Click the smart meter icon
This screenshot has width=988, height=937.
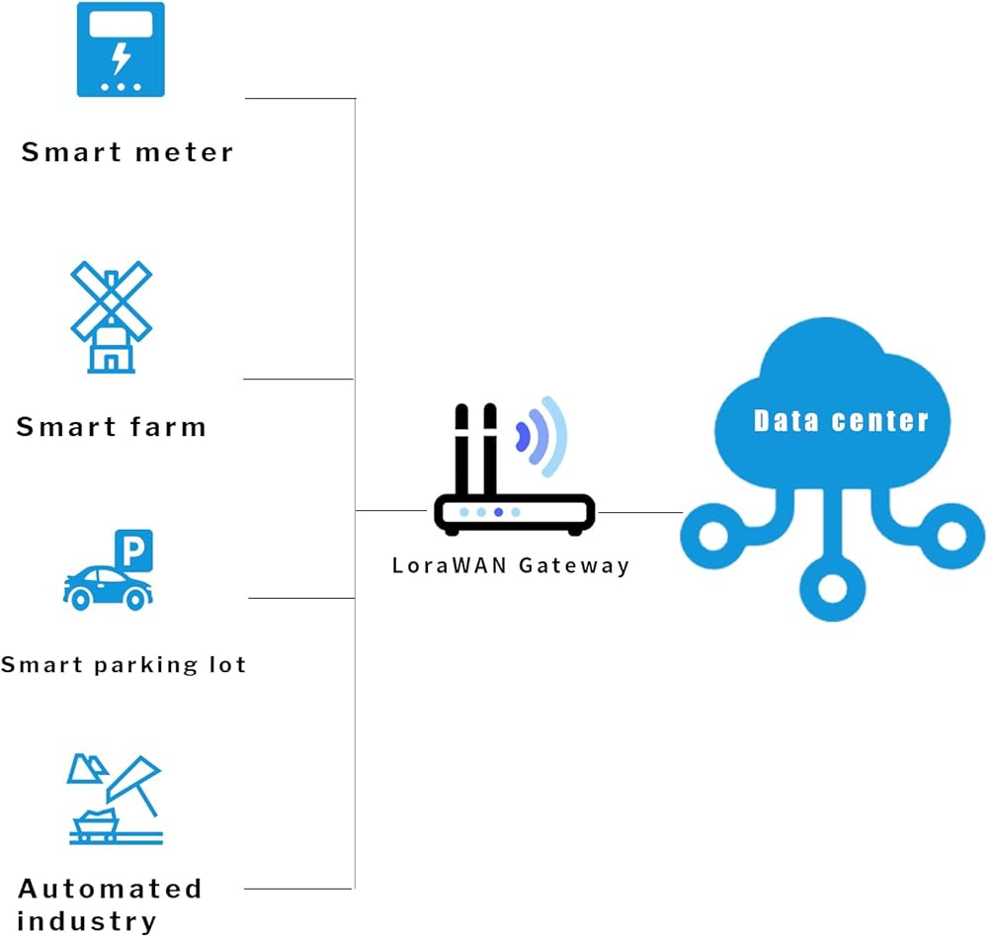[x=121, y=49]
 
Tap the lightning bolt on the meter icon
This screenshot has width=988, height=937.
[x=121, y=58]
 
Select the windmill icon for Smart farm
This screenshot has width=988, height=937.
[x=111, y=316]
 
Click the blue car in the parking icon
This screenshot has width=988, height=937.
[x=107, y=587]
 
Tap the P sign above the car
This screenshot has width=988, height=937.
[x=133, y=550]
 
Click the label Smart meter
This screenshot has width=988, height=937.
[x=127, y=152]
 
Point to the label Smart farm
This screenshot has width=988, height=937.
[x=112, y=427]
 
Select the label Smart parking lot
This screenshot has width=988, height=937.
[x=123, y=664]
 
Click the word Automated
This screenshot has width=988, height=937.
[x=110, y=888]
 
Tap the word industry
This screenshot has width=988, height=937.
[x=87, y=921]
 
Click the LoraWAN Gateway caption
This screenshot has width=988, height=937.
[x=511, y=566]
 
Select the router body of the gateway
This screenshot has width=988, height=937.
[x=514, y=512]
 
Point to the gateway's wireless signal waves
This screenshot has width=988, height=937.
[x=541, y=436]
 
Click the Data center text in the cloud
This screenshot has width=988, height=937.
[x=841, y=421]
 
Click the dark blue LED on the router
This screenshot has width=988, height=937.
[x=499, y=512]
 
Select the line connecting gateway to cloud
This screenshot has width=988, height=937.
[x=639, y=512]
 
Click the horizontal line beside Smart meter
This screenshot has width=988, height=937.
[x=299, y=99]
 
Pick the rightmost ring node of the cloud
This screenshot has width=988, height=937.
[x=952, y=537]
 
